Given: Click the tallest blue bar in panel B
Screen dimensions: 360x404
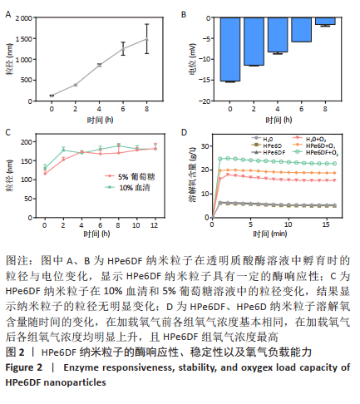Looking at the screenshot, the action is pos(230,49).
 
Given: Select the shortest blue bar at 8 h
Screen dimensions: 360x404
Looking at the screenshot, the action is pos(325,21).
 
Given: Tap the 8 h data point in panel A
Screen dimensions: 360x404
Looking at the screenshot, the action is pos(147,39).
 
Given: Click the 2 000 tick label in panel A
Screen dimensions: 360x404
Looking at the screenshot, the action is pos(24,18).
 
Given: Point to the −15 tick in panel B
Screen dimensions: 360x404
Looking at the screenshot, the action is pos(205,80).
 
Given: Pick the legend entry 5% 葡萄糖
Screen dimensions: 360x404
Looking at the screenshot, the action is pos(130,176).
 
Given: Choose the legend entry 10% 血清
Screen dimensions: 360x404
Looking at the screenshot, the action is pos(128,188).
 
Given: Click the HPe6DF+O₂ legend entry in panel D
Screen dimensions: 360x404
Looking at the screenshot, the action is pos(316,152).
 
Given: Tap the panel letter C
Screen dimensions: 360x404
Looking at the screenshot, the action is pos(8,132).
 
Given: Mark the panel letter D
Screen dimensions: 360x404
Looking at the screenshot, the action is pos(184,132).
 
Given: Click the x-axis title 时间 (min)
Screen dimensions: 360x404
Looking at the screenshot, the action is pos(269,234).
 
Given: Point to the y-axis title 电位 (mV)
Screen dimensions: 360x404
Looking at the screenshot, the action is pos(192,59).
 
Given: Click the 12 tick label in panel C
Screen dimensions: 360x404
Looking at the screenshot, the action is pos(155,225).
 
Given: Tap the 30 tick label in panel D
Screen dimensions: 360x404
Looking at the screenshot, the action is pos(205,146).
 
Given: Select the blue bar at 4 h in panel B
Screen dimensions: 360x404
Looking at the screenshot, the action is pos(278,35).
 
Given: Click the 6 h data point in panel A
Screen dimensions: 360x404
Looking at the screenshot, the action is pos(123,49).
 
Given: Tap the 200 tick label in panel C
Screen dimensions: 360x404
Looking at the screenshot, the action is pos(27,142).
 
